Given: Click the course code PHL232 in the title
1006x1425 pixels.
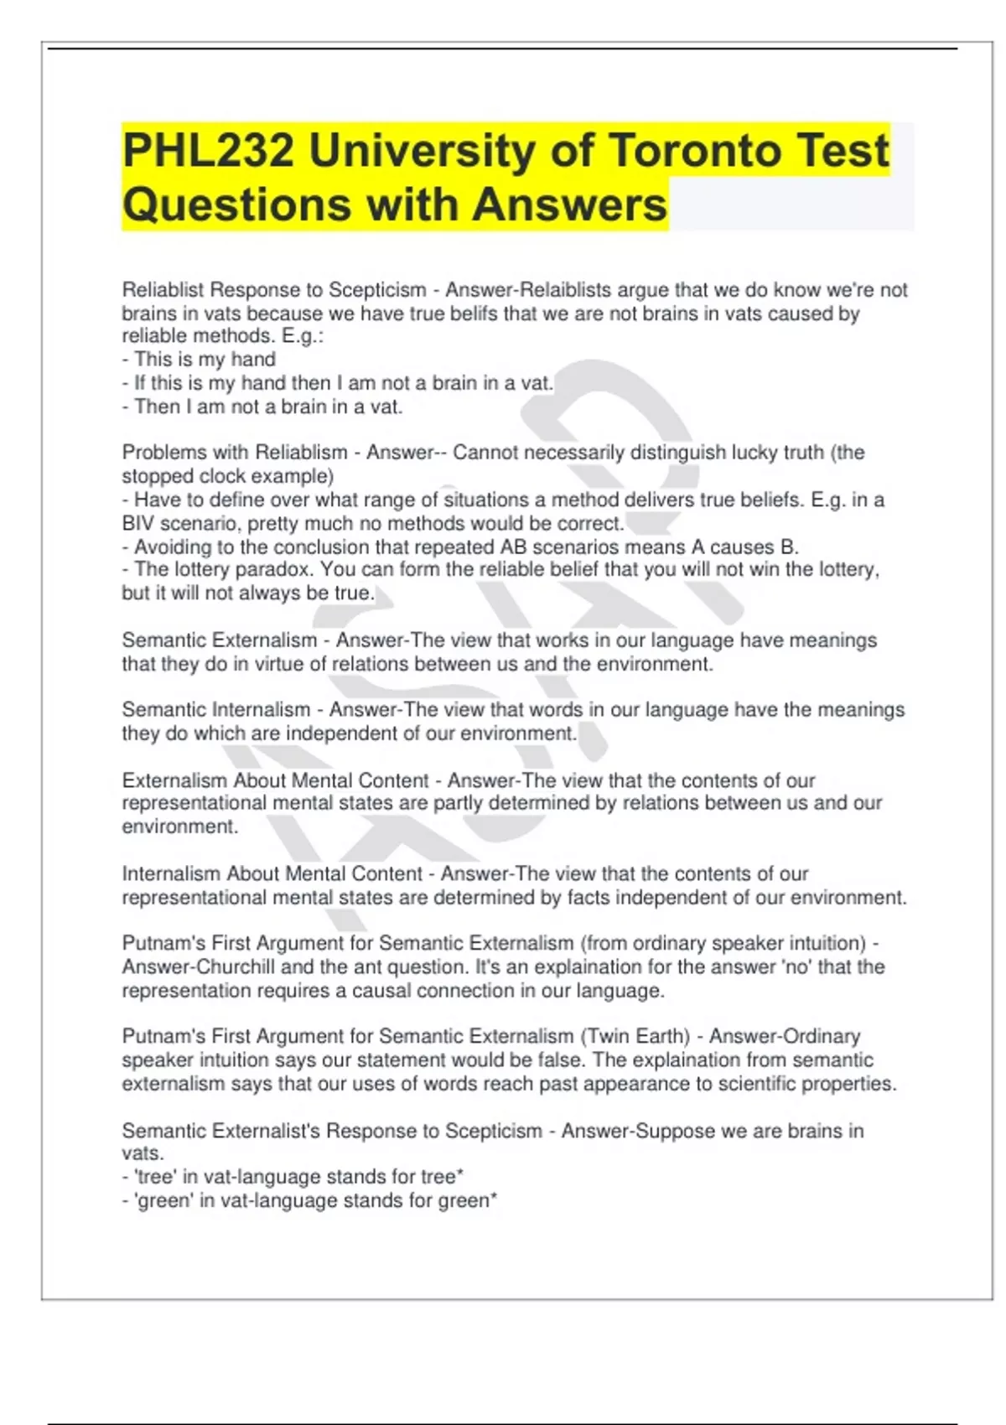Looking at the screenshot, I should [208, 151].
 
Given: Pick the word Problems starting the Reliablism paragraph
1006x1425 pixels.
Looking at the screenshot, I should [163, 453].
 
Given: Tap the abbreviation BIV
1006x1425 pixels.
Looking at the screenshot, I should [137, 524].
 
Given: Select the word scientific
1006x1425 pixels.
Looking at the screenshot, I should [758, 1084].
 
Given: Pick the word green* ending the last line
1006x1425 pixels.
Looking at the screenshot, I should [468, 1201].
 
